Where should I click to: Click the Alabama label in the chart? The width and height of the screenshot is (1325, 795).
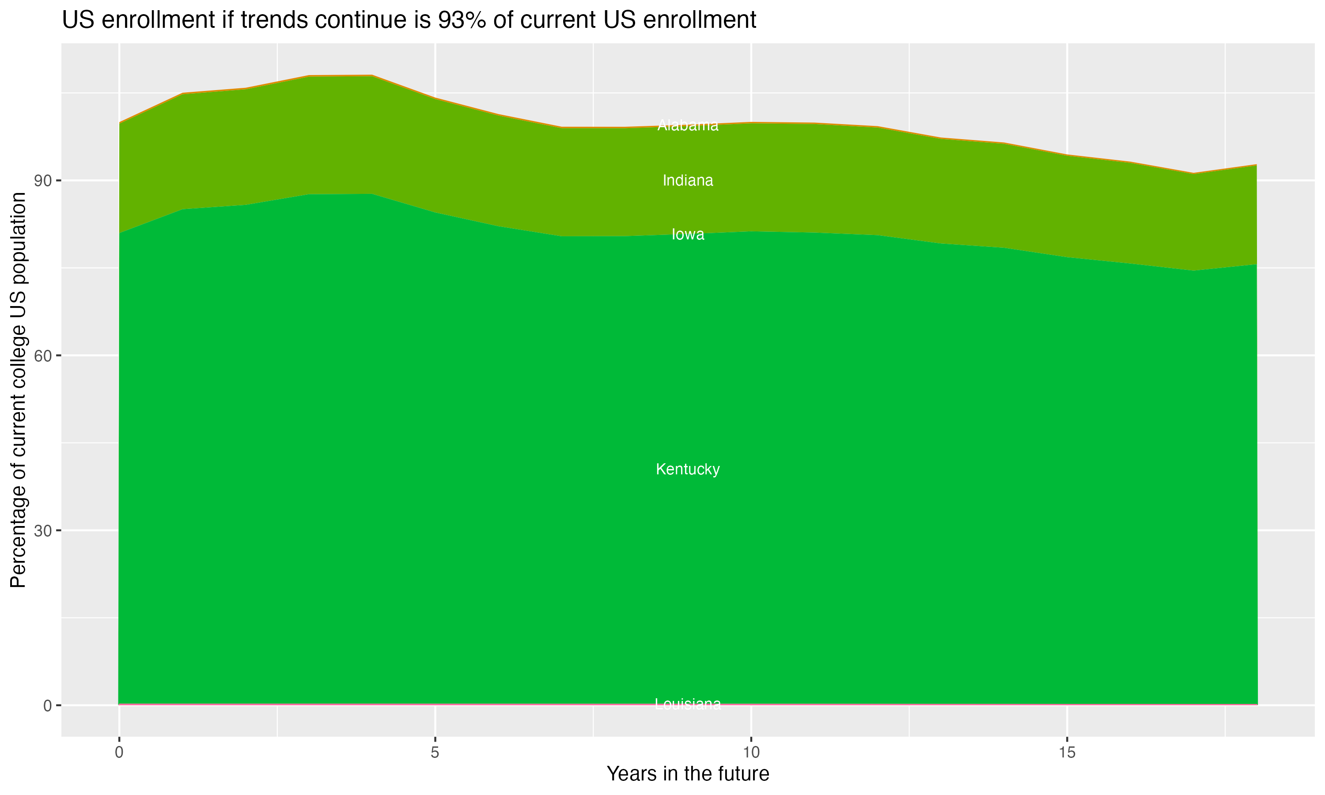point(688,125)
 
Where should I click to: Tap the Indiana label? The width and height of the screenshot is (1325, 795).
point(688,181)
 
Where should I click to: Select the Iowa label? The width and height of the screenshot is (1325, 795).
point(688,235)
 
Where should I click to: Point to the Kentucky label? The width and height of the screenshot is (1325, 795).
point(688,469)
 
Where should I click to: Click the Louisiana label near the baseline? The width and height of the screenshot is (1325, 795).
point(688,704)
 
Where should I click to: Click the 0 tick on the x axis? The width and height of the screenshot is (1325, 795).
point(119,753)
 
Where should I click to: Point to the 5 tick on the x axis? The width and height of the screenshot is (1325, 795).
point(435,753)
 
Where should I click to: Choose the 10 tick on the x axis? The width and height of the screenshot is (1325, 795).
point(751,753)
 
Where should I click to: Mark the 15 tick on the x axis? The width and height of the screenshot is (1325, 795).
point(1068,753)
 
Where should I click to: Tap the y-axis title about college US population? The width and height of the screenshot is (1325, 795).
point(18,390)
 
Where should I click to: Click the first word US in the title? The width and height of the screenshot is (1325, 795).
point(78,20)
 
